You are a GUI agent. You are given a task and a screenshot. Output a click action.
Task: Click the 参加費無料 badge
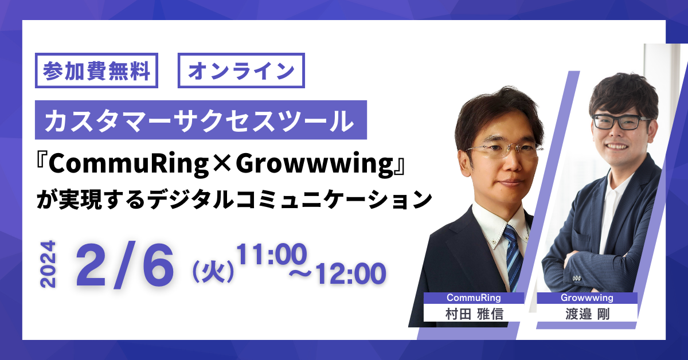point(96,71)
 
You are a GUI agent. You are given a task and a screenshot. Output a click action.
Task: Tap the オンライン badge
point(241,71)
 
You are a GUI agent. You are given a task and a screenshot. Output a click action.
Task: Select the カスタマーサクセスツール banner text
point(200,120)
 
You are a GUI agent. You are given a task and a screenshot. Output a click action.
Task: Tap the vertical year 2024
point(48,264)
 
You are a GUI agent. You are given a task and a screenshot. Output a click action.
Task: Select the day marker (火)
point(213,271)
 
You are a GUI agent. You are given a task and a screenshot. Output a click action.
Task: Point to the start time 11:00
point(272,254)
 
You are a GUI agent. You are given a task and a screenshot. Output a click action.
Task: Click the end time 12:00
point(351,273)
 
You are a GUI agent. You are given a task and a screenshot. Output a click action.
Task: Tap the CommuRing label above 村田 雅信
point(474,298)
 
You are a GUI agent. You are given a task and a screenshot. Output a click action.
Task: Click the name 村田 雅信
point(474,314)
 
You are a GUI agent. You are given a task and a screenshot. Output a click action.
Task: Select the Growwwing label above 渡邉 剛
point(587,298)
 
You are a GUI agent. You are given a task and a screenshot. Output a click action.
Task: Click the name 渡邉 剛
point(587,314)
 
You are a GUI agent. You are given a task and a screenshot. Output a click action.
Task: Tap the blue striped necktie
point(513,256)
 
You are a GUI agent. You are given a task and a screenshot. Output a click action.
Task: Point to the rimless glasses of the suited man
point(505,150)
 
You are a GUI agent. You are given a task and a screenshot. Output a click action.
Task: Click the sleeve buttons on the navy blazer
point(577,278)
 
